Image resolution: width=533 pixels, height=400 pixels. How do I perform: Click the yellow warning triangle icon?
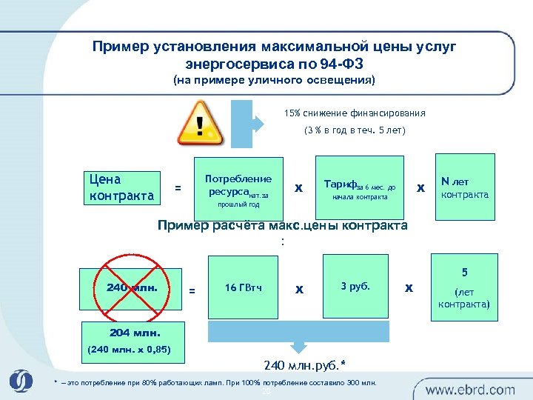click(x=200, y=123)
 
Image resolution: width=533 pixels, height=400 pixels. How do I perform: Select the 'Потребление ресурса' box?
click(x=238, y=188)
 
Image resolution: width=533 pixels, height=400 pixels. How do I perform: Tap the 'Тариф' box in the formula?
click(x=359, y=188)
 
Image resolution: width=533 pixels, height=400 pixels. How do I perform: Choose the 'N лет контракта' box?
click(x=464, y=187)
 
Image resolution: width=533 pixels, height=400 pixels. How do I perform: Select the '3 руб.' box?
click(x=355, y=286)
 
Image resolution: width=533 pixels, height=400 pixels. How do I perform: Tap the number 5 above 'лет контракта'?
click(x=464, y=272)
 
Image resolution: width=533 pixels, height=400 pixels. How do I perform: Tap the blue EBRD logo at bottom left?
click(x=21, y=381)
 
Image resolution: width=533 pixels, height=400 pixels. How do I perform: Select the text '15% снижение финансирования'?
click(x=355, y=113)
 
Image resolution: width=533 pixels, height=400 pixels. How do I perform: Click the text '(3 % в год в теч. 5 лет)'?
click(x=355, y=131)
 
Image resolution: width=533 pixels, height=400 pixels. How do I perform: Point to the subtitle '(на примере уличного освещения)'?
click(x=274, y=80)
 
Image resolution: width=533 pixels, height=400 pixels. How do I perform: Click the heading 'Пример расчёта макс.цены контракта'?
click(x=283, y=225)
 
